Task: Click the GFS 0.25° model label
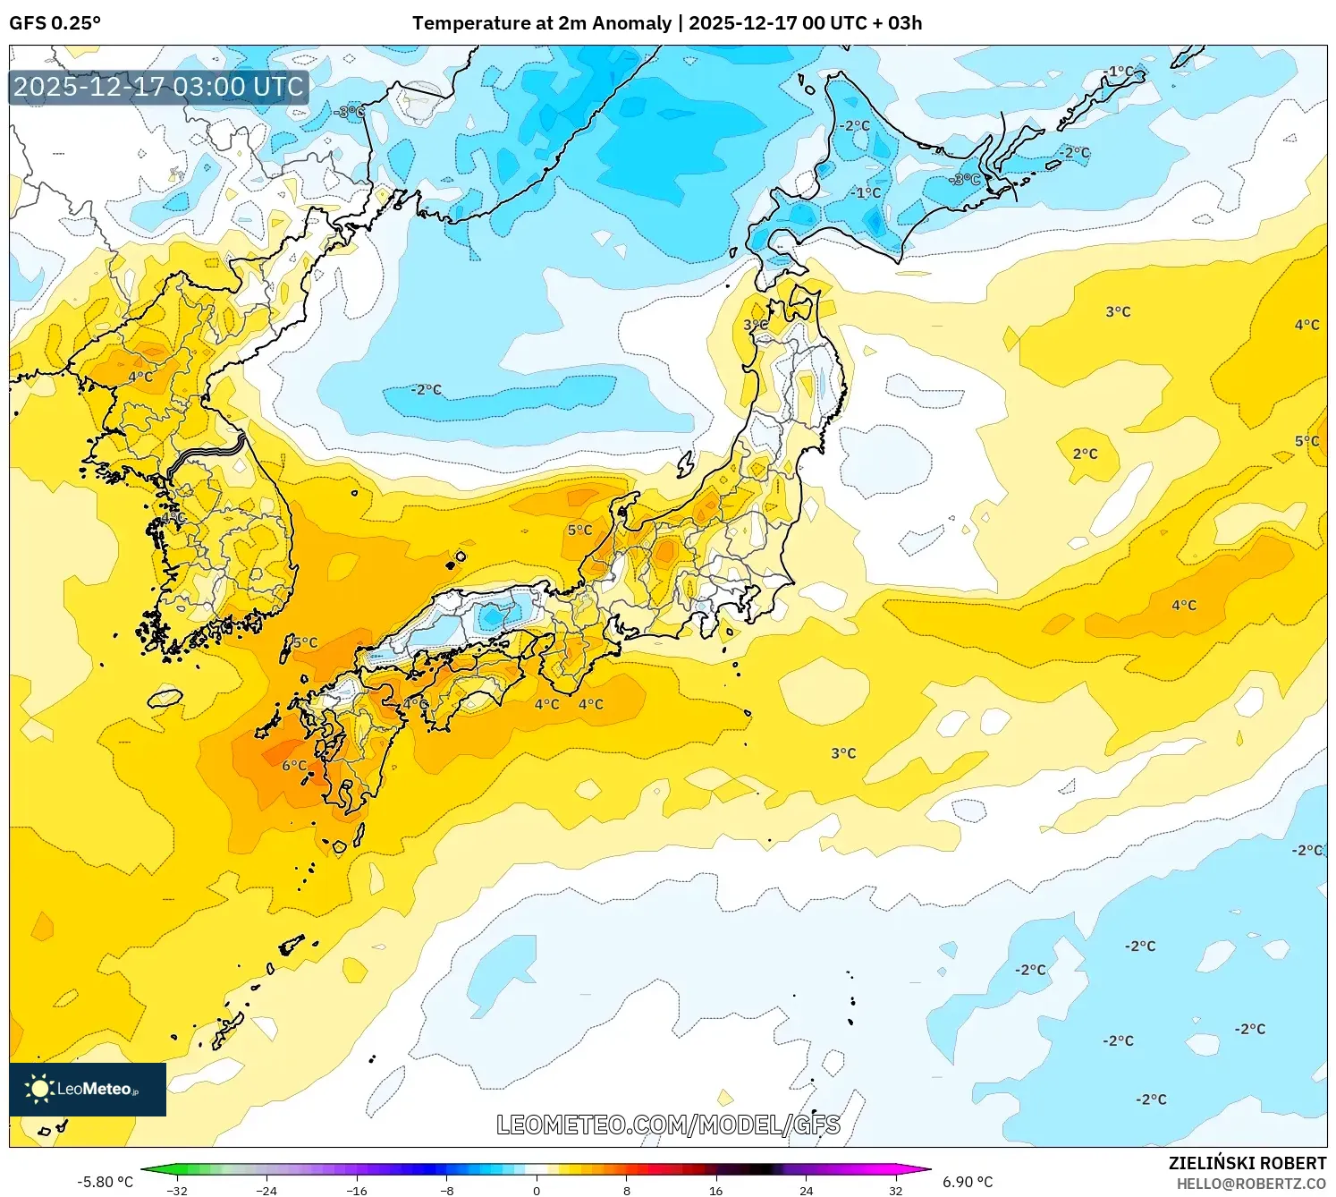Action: click(55, 23)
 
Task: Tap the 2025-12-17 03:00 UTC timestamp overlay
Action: click(159, 87)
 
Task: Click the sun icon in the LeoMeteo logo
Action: click(39, 1089)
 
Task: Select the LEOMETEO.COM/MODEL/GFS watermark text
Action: click(668, 1125)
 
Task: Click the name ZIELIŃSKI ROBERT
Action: click(1247, 1163)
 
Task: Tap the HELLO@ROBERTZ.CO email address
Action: click(1251, 1184)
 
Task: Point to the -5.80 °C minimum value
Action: click(105, 1182)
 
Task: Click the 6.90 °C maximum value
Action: click(968, 1182)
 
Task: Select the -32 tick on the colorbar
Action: click(177, 1191)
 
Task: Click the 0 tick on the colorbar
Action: click(537, 1191)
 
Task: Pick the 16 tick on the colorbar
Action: click(715, 1191)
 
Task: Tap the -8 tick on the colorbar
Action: click(447, 1191)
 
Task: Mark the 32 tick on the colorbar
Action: click(895, 1191)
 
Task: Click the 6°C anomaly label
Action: click(294, 766)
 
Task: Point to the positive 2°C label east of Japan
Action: click(1085, 454)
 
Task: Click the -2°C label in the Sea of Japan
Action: click(426, 390)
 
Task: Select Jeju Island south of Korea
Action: click(165, 697)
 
